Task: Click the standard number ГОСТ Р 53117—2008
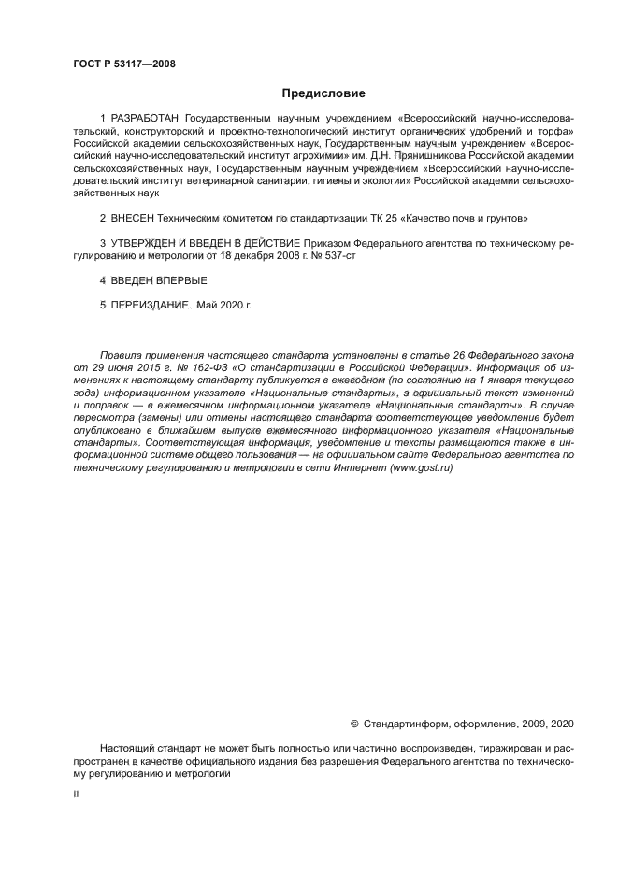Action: tap(123, 64)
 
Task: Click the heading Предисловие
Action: tap(323, 93)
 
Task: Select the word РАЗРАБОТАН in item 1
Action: tap(146, 120)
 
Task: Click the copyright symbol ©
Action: tap(354, 724)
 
